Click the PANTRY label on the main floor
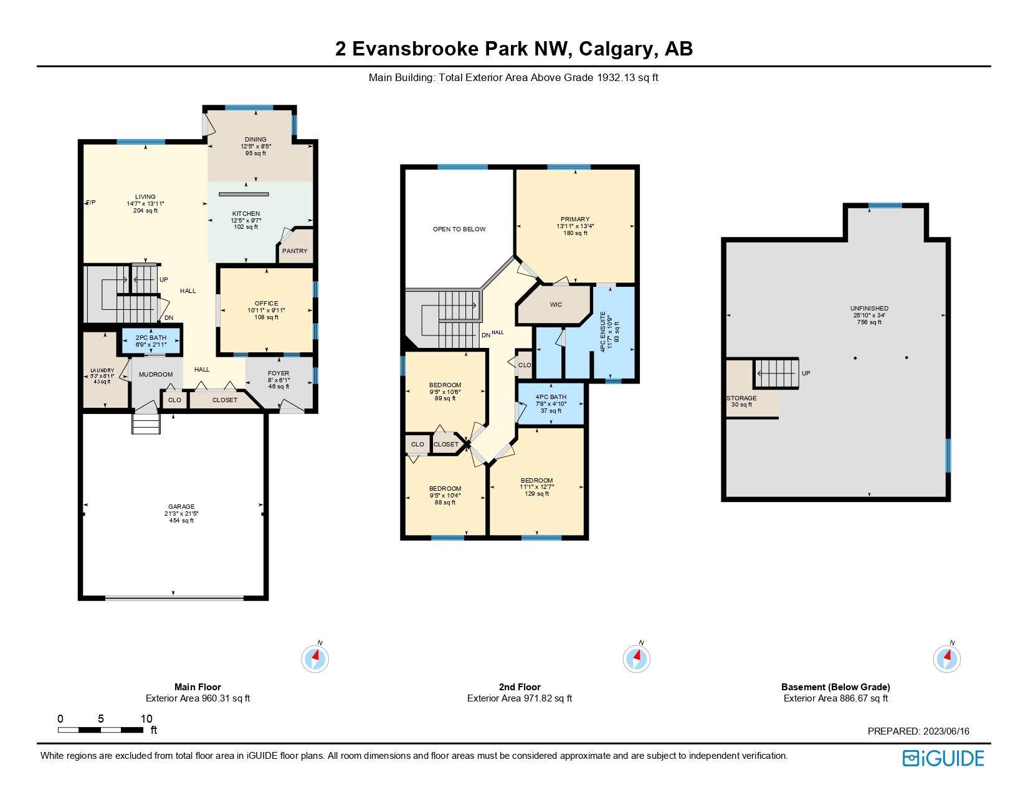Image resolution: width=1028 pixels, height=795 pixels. pos(295,251)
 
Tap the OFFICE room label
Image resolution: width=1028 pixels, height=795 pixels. pos(266,304)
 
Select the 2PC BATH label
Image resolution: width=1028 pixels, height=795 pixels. pos(151,338)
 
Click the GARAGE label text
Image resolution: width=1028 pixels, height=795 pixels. pos(181,507)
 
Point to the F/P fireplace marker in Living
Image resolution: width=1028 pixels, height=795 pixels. pos(90,203)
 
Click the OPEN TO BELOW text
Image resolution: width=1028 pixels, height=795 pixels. pos(459,229)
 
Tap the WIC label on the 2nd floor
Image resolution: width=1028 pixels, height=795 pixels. pos(556,305)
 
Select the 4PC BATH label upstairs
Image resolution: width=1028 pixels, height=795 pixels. pos(551,397)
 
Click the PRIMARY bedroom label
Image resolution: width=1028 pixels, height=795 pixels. pos(574,219)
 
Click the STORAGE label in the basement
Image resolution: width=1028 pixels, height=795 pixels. pos(741,398)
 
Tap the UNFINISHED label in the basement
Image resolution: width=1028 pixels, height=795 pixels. pos(869,309)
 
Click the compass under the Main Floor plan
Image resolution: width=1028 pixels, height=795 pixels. pos(315,658)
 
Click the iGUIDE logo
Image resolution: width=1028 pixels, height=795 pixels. pos(943,758)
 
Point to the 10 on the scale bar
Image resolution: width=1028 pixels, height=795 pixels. pos(146,719)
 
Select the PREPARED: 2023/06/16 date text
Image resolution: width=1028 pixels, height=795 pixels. pos(918,731)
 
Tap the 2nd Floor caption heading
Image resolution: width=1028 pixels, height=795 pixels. pos(520,687)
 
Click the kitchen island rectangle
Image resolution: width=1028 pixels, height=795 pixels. pos(244,195)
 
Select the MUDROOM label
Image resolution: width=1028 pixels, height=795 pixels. pos(156,375)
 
